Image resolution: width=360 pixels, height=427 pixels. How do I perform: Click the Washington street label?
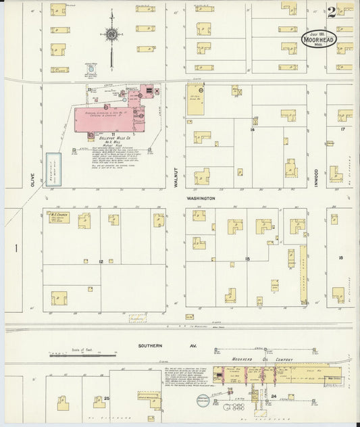click(201, 199)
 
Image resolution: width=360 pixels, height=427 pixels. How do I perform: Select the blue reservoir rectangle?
click(52, 168)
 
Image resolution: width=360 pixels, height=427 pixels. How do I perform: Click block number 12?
click(101, 261)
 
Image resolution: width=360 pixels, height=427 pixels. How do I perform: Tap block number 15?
click(248, 259)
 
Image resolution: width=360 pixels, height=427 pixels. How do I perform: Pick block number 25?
click(107, 399)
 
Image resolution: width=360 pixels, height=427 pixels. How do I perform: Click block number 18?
click(342, 258)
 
